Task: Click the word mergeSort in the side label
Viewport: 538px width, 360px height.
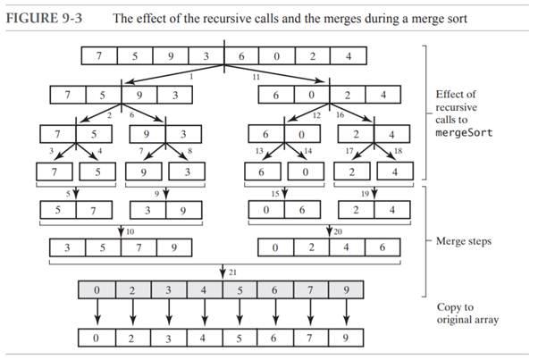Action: pos(466,132)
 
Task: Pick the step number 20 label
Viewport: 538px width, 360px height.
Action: pos(339,231)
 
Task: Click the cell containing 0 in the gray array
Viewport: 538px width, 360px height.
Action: pos(98,290)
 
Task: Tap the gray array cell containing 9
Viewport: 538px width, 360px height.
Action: pos(347,290)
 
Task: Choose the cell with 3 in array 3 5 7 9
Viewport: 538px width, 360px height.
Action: pos(68,249)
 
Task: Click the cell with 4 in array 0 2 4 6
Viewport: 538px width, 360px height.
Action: pos(345,249)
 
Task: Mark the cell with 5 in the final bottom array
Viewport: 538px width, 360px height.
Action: pos(240,339)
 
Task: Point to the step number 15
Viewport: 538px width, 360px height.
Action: pos(276,192)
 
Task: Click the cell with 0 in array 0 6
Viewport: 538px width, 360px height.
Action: pos(266,212)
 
